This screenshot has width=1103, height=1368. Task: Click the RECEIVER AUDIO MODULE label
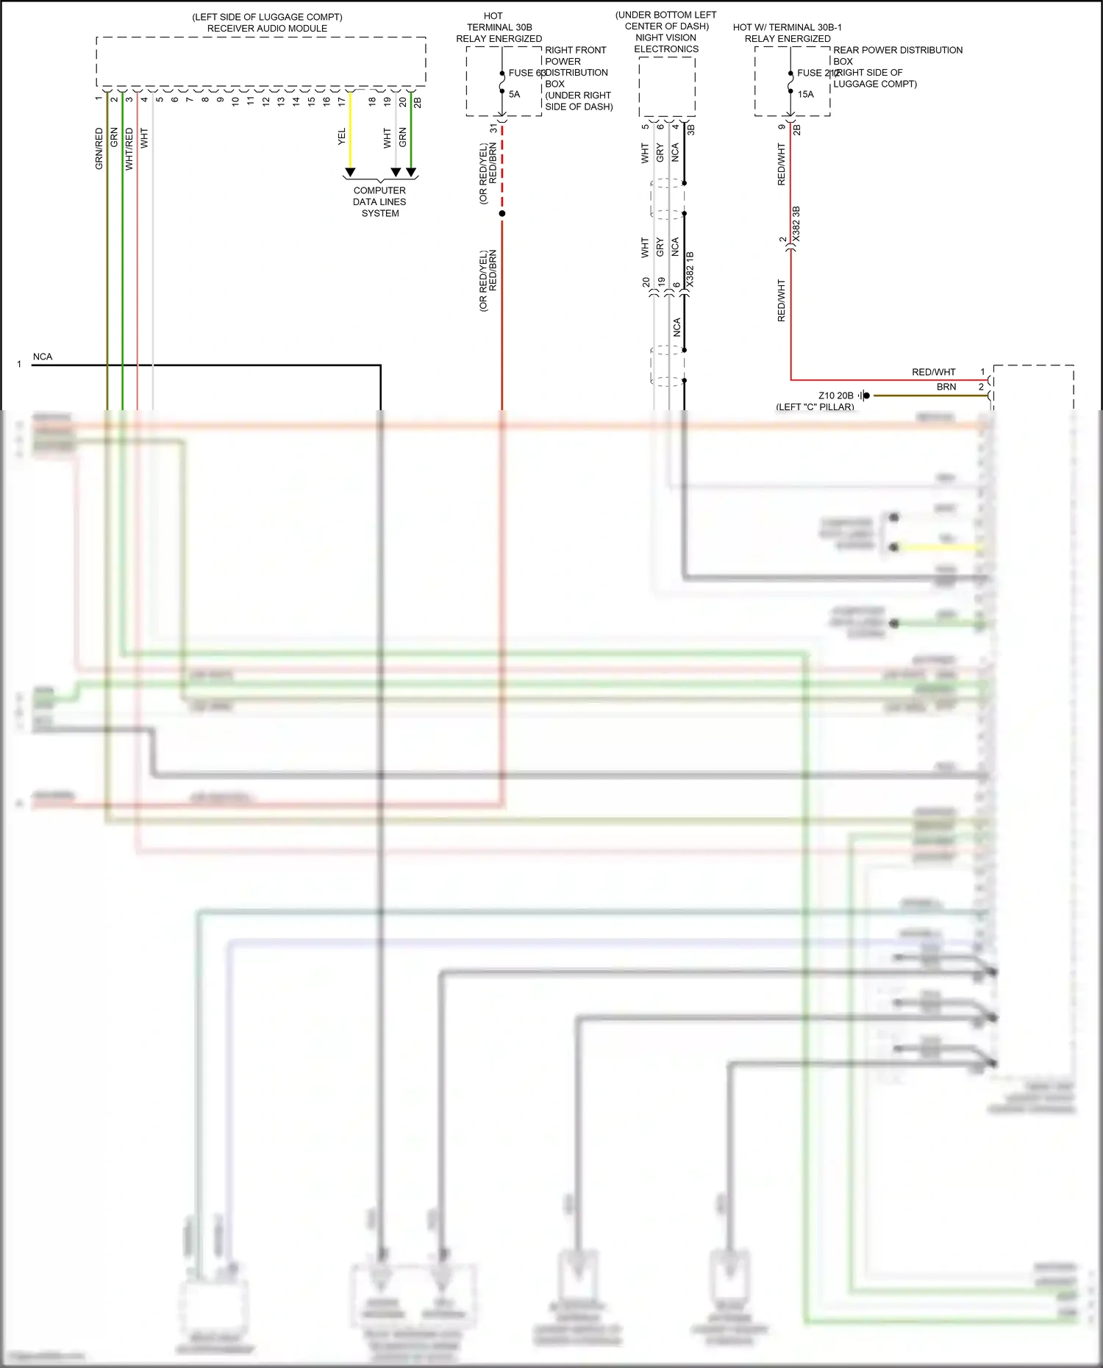click(267, 29)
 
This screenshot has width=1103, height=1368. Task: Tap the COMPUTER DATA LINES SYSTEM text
click(379, 202)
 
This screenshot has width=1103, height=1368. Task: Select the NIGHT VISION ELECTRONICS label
click(666, 43)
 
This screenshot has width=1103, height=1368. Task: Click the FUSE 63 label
click(526, 73)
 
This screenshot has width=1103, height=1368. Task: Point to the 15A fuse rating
click(805, 94)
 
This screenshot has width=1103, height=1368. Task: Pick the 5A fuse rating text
click(514, 94)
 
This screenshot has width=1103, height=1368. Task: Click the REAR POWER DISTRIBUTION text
click(897, 50)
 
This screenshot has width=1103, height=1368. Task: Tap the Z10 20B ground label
click(836, 395)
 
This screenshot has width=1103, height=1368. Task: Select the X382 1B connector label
click(690, 269)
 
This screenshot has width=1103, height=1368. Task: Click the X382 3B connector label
click(796, 225)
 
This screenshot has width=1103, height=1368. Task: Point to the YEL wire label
click(342, 137)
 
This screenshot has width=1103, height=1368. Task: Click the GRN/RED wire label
click(99, 148)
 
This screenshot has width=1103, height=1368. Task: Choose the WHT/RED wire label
click(129, 148)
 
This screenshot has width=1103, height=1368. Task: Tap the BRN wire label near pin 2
click(946, 387)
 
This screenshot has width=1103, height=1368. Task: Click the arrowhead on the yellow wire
click(350, 173)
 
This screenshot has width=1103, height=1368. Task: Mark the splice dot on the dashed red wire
click(502, 214)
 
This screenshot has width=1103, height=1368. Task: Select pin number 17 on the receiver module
click(342, 101)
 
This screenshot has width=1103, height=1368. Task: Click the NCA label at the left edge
click(43, 357)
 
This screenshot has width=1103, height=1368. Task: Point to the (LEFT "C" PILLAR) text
click(815, 407)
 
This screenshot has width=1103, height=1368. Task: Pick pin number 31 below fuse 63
click(493, 129)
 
